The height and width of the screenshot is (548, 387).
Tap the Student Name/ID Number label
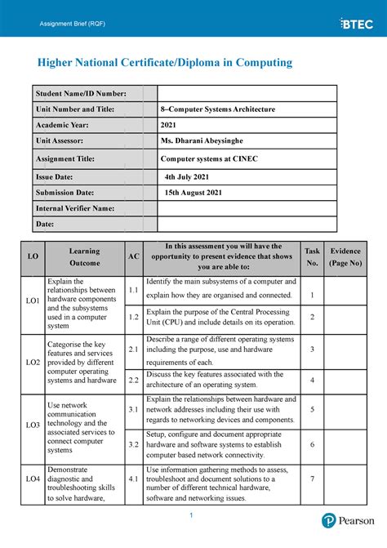pyautogui.click(x=81, y=94)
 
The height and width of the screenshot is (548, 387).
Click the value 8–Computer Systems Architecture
pyautogui.click(x=218, y=109)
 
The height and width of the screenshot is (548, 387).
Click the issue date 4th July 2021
pyautogui.click(x=188, y=176)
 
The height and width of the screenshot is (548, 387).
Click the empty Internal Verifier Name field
pyautogui.click(x=246, y=208)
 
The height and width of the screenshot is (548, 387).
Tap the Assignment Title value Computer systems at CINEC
pyautogui.click(x=209, y=160)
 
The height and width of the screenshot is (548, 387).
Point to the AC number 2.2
pyautogui.click(x=133, y=380)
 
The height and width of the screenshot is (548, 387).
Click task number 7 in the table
pyautogui.click(x=312, y=478)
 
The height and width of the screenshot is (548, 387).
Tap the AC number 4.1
pyautogui.click(x=133, y=479)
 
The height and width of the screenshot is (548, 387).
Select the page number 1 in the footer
pyautogui.click(x=189, y=515)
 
